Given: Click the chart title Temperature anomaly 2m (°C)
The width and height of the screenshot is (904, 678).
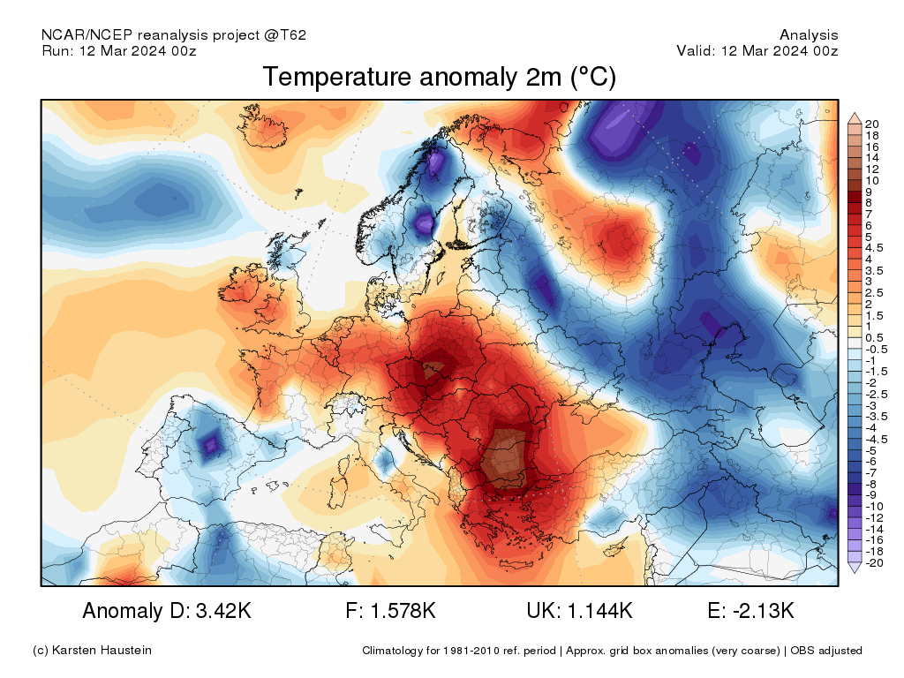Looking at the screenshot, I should (x=439, y=78).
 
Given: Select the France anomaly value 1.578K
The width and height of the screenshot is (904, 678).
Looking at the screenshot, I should (x=403, y=610).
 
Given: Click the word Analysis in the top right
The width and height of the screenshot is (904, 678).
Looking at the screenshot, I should (x=809, y=35).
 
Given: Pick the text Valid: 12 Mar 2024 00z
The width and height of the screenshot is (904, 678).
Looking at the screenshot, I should (x=757, y=50).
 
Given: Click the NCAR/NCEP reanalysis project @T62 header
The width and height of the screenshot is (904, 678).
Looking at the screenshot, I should (x=174, y=35).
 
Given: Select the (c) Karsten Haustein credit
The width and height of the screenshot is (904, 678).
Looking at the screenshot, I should (x=92, y=651).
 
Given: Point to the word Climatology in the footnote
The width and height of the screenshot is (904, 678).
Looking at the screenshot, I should (x=394, y=651).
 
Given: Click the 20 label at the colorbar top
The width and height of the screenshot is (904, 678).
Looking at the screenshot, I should (x=872, y=124).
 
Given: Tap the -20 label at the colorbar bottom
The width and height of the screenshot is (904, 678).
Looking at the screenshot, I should (x=874, y=562).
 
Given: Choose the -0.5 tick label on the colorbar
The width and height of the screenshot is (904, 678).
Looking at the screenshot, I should (x=877, y=350).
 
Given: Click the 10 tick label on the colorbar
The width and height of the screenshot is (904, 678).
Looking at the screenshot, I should (x=872, y=180).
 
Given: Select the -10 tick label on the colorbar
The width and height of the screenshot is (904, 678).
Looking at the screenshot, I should (x=874, y=506).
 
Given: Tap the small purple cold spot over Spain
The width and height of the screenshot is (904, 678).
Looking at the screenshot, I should (x=211, y=445).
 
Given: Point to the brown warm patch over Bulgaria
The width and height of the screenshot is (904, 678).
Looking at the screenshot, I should (x=506, y=457).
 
